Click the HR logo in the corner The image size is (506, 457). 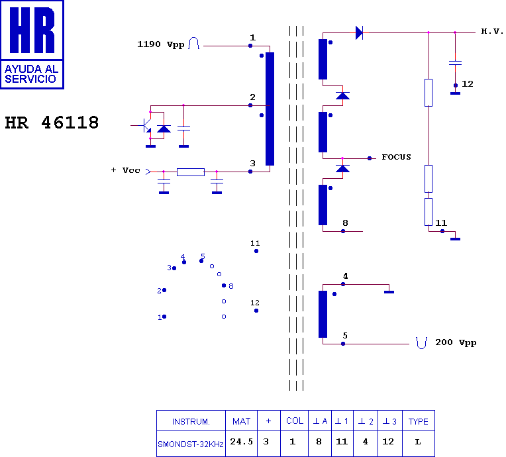tap(32, 44)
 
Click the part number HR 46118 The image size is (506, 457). tap(52, 123)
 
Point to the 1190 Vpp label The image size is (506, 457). tap(160, 44)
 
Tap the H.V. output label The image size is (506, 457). tap(492, 31)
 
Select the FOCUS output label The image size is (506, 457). tap(396, 157)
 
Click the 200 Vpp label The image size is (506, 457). tap(455, 342)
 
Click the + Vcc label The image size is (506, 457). tap(125, 170)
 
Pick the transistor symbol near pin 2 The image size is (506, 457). tap(146, 125)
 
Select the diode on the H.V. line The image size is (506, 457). tap(359, 32)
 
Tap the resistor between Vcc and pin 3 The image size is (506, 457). tap(190, 172)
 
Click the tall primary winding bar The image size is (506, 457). tap(270, 109)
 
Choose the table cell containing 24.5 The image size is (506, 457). tap(242, 442)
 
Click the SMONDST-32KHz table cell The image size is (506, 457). tap(191, 443)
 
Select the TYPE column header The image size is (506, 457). tap(418, 421)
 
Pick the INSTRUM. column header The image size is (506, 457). tap(191, 421)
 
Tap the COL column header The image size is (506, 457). tap(295, 421)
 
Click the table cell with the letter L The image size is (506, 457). tap(418, 442)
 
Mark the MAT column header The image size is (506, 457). tap(242, 421)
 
